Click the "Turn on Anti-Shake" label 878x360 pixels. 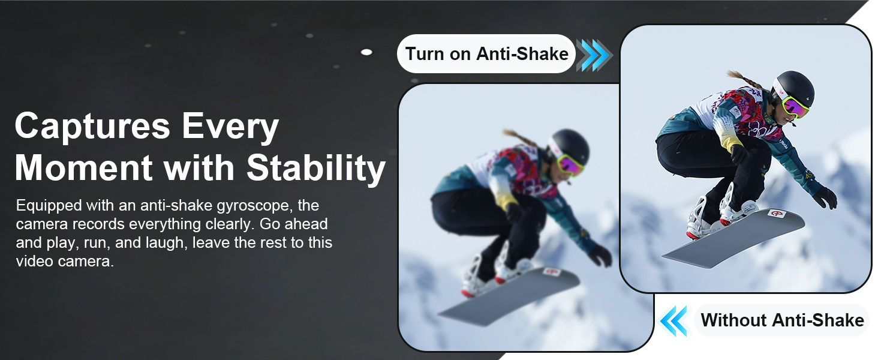[486, 54]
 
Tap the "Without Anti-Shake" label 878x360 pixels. [782, 320]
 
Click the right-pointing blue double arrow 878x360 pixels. [594, 55]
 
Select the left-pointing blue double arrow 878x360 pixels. [674, 321]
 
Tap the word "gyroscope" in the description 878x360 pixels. [252, 206]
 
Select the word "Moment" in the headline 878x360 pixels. [83, 167]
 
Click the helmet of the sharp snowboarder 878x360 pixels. [796, 86]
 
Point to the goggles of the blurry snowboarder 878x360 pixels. [570, 166]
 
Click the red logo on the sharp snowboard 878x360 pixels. [775, 214]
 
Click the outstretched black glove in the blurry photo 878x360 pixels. [600, 256]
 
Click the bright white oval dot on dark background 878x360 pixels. [366, 52]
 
